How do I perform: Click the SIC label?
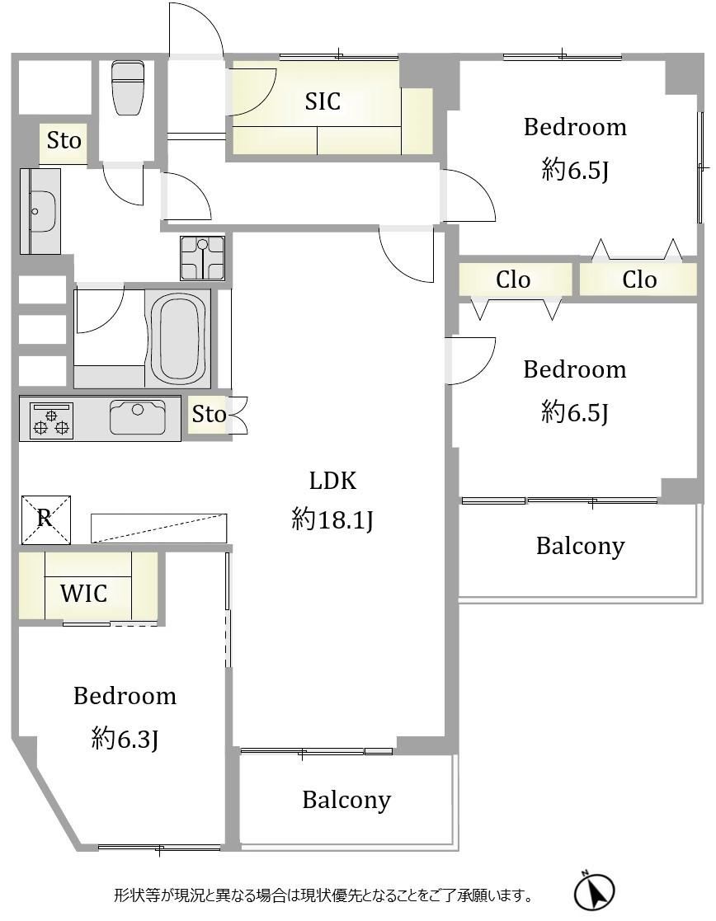click(x=323, y=101)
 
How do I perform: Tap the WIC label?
click(x=84, y=593)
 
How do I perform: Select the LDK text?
click(x=332, y=481)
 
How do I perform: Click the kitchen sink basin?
click(x=138, y=416)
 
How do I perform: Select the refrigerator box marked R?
click(x=46, y=519)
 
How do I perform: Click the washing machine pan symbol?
click(x=202, y=258)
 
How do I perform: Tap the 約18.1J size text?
click(x=332, y=519)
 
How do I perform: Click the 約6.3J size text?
click(x=125, y=738)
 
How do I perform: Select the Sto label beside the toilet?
click(x=64, y=141)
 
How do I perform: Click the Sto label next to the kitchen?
click(x=209, y=415)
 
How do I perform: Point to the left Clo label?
click(x=513, y=280)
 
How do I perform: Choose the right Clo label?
click(x=639, y=280)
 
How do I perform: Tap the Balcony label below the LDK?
click(x=346, y=800)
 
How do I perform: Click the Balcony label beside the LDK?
click(x=580, y=547)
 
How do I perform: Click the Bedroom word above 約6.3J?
click(x=125, y=696)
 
